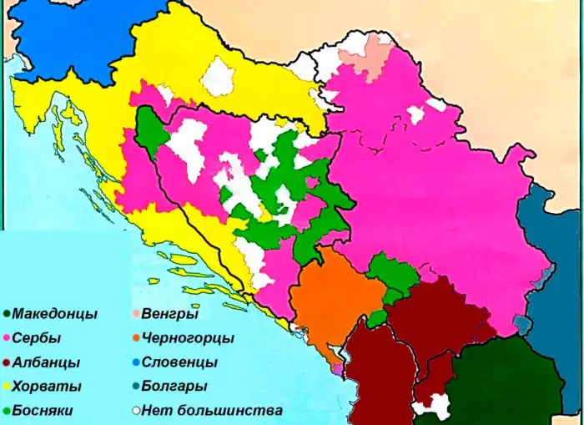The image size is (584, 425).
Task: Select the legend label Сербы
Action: [38, 339]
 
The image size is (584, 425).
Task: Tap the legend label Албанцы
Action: [47, 363]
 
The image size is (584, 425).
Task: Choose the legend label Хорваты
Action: [47, 387]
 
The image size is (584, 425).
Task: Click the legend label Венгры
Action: [170, 315]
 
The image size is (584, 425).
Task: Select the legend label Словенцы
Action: [179, 363]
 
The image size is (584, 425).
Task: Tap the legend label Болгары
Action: [174, 387]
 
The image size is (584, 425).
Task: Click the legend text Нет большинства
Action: [212, 411]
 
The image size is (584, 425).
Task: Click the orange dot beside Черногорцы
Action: [135, 339]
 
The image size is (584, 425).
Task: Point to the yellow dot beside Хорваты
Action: [7, 387]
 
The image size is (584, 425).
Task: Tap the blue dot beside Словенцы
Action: [135, 363]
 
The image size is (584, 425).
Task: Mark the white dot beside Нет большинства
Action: [135, 411]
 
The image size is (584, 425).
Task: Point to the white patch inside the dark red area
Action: [435, 406]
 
